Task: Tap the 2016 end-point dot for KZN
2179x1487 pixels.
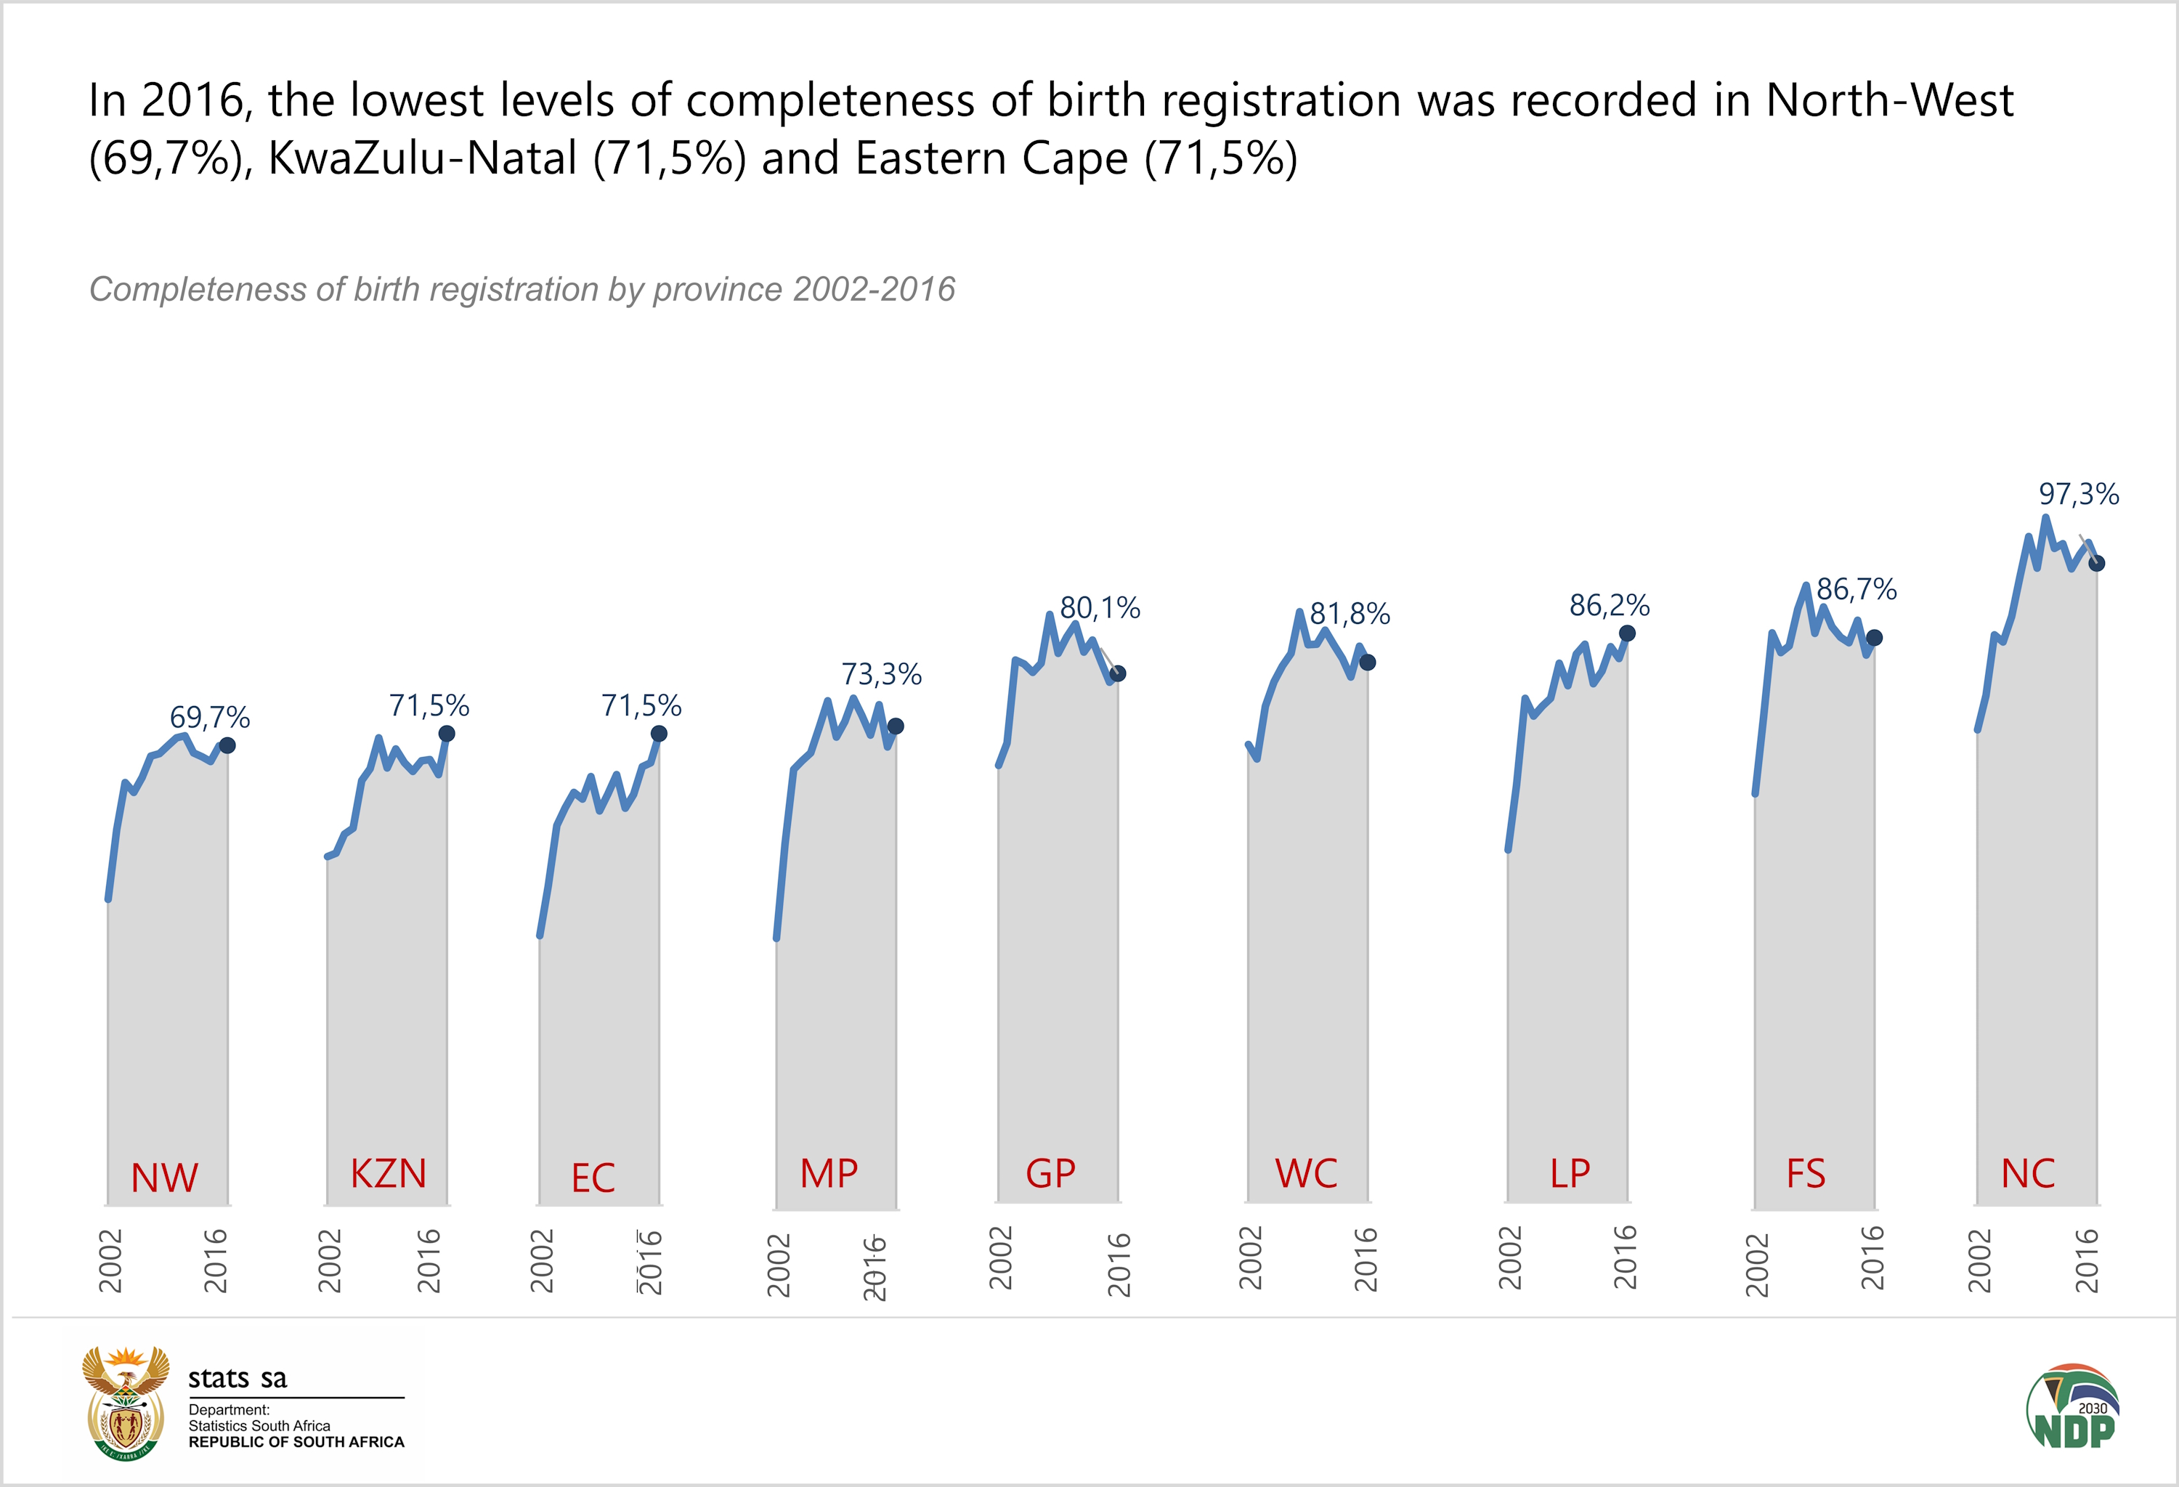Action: click(447, 733)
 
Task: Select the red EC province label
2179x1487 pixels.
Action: click(593, 1178)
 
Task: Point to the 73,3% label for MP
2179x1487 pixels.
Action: click(880, 674)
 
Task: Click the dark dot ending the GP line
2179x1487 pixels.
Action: click(1118, 673)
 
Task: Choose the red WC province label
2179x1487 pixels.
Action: click(1306, 1174)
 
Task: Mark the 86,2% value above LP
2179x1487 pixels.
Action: click(1609, 606)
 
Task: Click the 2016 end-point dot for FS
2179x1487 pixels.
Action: click(1874, 638)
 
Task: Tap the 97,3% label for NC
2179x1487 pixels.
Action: click(2079, 494)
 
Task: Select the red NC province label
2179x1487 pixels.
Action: click(2028, 1174)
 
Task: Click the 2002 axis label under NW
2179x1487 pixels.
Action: click(110, 1261)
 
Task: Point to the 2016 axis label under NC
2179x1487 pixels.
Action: click(2086, 1261)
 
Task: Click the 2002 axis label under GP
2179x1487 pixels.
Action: click(1002, 1258)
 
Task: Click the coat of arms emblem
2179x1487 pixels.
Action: click(126, 1403)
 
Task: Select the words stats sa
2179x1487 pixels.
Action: click(238, 1378)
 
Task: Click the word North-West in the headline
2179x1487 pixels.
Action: click(1889, 100)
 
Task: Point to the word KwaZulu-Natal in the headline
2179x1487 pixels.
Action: click(422, 158)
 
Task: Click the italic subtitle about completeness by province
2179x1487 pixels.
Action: click(522, 290)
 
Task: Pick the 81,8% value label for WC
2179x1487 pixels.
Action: click(1350, 614)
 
